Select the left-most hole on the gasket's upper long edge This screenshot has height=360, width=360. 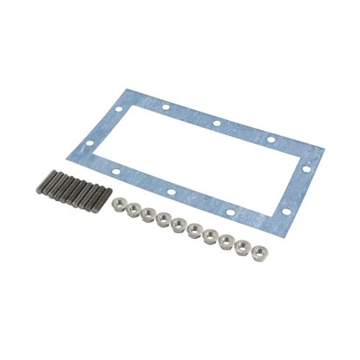(165, 109)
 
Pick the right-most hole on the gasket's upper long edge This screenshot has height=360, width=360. (271, 139)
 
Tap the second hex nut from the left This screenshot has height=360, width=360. (132, 209)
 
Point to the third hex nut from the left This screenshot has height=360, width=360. (148, 214)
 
